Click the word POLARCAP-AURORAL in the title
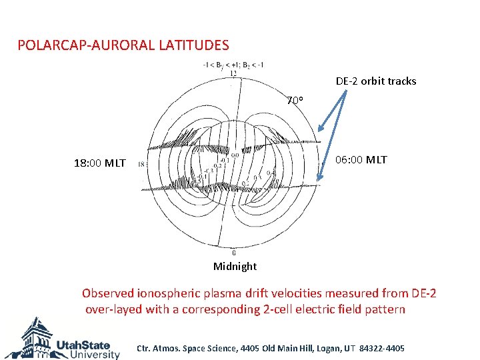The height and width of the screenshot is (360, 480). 87,45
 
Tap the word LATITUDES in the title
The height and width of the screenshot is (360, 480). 193,45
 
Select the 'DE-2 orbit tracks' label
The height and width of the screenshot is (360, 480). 376,81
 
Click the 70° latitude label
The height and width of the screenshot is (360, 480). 295,101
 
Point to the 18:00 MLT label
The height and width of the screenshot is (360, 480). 99,163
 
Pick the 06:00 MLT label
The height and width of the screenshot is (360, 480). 360,160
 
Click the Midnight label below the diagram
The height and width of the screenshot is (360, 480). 235,267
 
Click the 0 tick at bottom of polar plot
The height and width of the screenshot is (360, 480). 233,253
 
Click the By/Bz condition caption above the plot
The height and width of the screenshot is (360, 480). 233,65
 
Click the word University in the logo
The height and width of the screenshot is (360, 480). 88,355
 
